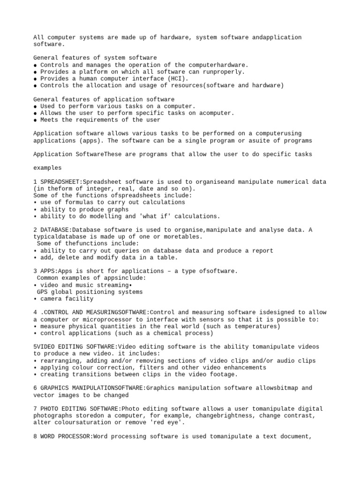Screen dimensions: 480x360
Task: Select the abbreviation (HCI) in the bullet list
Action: [176, 79]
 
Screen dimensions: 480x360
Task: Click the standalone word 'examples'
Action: [47, 168]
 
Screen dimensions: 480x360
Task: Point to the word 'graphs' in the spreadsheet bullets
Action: [118, 209]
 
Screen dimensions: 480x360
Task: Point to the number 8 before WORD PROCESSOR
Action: [35, 436]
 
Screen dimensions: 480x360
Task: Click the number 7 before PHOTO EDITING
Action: [35, 409]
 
